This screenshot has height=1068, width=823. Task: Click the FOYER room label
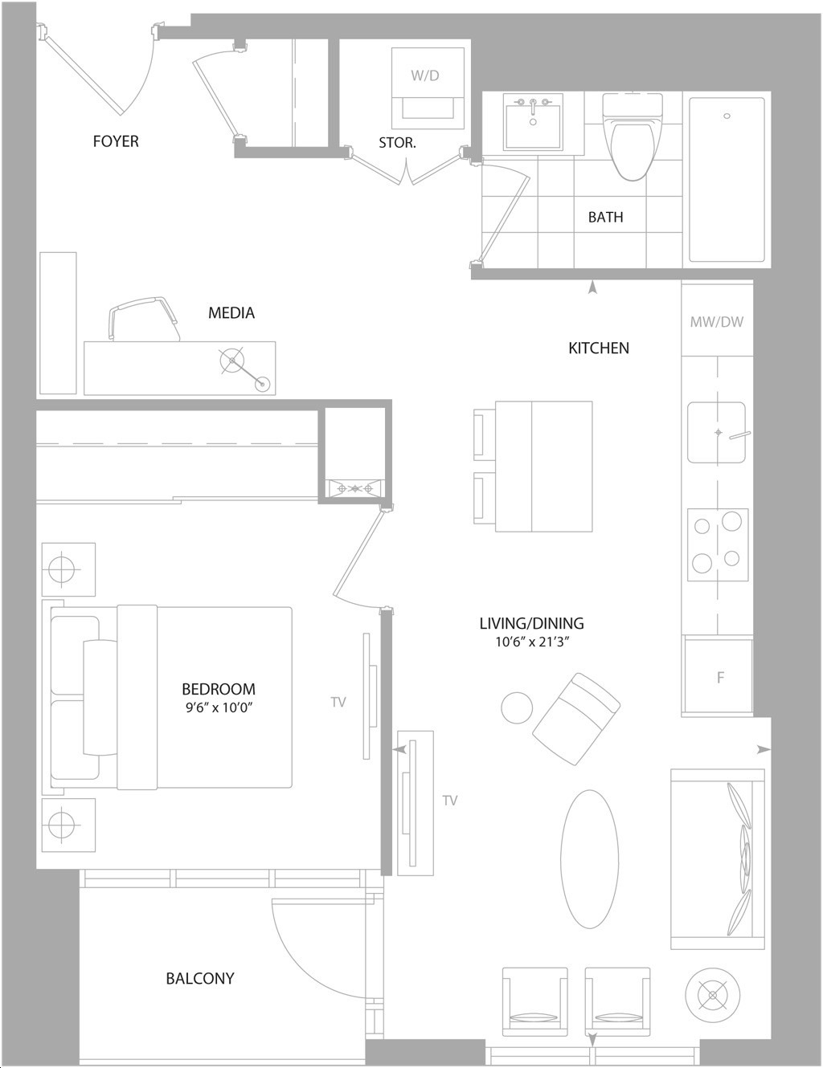pos(116,141)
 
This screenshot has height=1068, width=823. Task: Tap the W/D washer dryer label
pos(425,75)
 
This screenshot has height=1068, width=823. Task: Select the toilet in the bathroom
pos(632,137)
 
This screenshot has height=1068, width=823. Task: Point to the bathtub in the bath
pos(727,179)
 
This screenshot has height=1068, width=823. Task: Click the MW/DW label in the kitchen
pos(717,322)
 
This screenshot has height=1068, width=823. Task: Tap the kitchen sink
pos(717,433)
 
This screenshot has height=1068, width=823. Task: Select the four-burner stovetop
pos(718,544)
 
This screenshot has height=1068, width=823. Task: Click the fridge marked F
pos(718,677)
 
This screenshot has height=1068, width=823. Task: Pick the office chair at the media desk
pos(144,319)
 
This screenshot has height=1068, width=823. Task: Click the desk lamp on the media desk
pos(245,369)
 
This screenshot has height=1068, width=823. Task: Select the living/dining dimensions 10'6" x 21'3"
pos(532,642)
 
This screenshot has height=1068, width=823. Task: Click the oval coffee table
pos(589,858)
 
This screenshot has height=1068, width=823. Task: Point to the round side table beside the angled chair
pos(517,707)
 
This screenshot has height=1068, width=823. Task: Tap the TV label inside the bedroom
pos(338,702)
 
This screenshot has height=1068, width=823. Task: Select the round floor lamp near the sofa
pos(713,996)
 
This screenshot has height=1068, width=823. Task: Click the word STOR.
pos(398,142)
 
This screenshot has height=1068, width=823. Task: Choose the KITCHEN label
pos(599,348)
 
